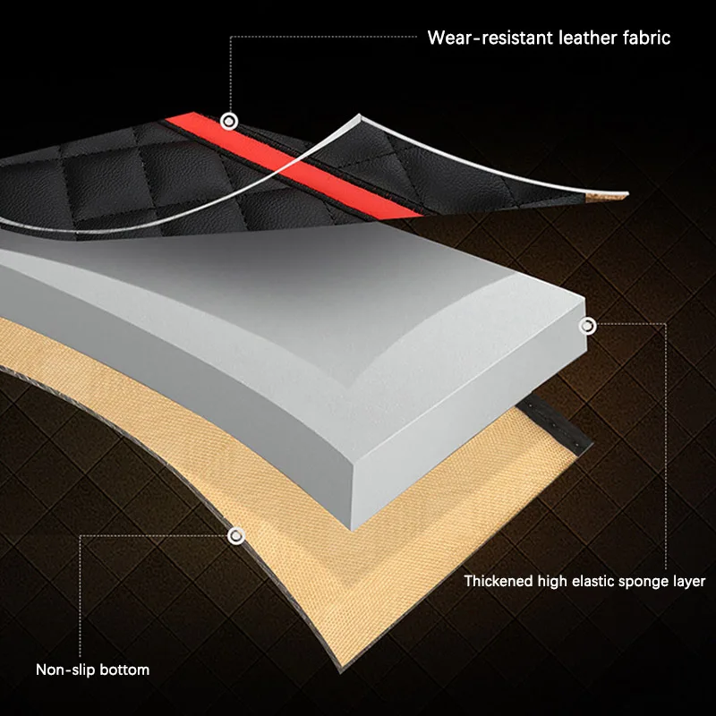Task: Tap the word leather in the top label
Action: point(576,38)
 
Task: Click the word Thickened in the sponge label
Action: point(499,582)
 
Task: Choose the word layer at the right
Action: point(690,582)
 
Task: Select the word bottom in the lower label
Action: point(126,669)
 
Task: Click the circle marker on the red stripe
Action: point(230,119)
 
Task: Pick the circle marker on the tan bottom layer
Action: point(236,536)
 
